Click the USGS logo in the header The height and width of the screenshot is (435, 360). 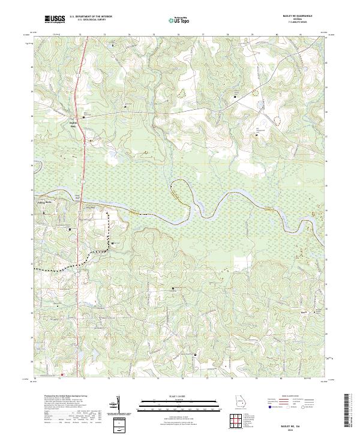[55, 19]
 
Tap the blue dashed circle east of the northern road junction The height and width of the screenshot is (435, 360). [260, 106]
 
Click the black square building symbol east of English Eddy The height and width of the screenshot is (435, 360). [84, 118]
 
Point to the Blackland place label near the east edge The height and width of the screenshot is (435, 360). [303, 311]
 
